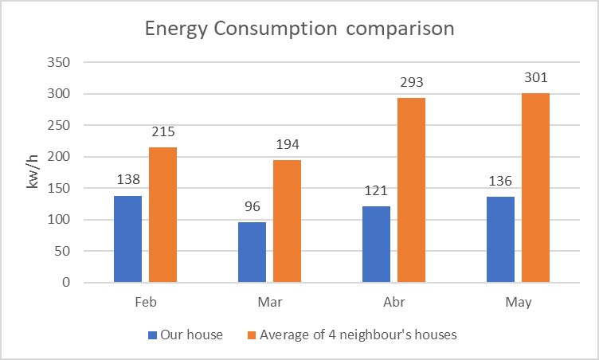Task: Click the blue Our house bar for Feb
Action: (x=127, y=239)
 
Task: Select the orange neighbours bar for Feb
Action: (x=162, y=215)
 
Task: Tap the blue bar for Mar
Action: (x=252, y=252)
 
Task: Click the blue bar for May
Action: (x=500, y=240)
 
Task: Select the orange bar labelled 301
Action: (x=535, y=188)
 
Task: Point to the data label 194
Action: (x=287, y=145)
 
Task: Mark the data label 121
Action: (x=377, y=193)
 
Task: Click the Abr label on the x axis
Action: (x=393, y=303)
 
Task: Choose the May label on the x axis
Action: (x=518, y=303)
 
